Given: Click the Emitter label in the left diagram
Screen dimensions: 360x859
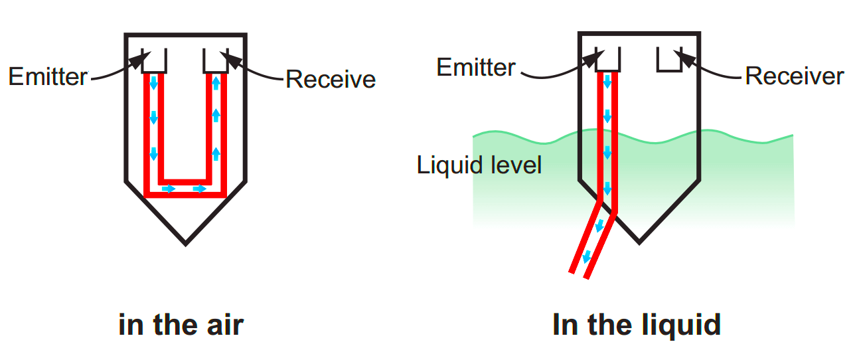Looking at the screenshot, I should tap(48, 77).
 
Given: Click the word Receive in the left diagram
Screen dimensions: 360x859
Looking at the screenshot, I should tap(330, 80).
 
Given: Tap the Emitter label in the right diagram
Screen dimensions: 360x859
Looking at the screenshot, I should tap(476, 68).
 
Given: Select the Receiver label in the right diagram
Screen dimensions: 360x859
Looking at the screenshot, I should tap(794, 76).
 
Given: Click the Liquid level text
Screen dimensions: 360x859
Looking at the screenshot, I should tap(479, 165).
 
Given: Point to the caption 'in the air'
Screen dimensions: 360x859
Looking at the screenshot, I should tap(181, 325).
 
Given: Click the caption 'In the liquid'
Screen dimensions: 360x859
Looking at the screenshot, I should tap(637, 325).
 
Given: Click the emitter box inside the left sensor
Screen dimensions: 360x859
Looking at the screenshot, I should tap(155, 61).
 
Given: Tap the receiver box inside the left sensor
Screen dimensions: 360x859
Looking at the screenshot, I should tap(216, 61).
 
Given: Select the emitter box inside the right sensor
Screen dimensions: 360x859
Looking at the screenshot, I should tap(609, 59).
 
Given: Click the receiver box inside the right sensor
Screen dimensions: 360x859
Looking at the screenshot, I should tap(669, 59).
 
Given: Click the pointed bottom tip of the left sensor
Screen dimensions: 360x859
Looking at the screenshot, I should tap(185, 242).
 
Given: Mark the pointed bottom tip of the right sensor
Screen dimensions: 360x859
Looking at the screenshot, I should tap(639, 241).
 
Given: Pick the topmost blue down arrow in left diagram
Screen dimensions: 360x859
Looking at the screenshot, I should tap(153, 84).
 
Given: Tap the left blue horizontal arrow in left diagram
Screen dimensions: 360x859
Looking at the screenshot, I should tap(169, 189).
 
